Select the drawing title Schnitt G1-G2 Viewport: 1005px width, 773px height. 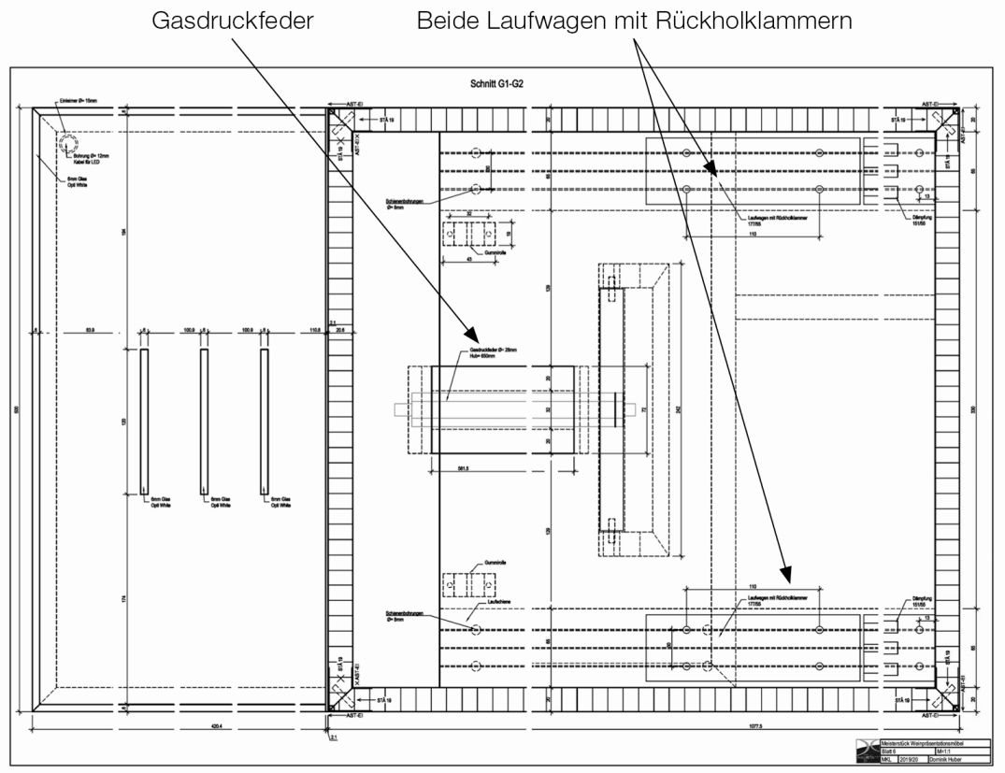tap(496, 84)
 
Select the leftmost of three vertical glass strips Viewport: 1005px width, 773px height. tap(143, 422)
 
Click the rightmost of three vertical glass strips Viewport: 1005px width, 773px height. tap(264, 422)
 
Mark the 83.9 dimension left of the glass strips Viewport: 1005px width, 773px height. tap(90, 330)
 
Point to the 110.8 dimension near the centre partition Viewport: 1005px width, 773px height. tap(314, 330)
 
